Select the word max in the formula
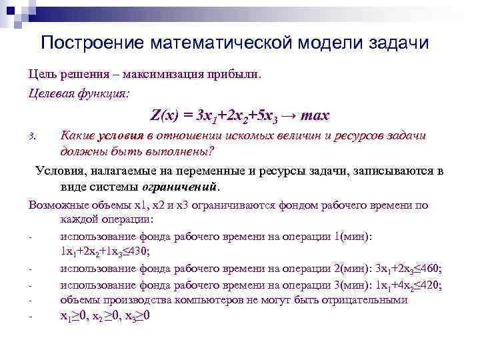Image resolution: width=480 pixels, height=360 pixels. pos(315,115)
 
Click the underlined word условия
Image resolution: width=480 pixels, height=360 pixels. pos(121,135)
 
